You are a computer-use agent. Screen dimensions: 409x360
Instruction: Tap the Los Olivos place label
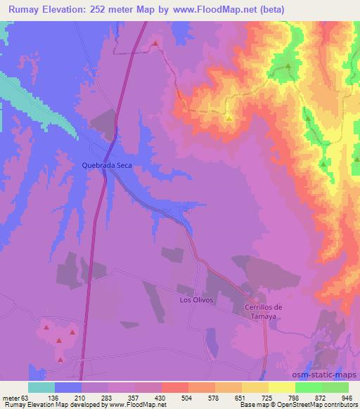(196, 300)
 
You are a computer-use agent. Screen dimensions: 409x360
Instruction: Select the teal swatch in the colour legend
(41, 387)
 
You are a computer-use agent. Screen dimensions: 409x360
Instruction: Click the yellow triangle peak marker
(229, 118)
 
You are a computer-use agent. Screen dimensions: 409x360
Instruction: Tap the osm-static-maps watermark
(332, 375)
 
